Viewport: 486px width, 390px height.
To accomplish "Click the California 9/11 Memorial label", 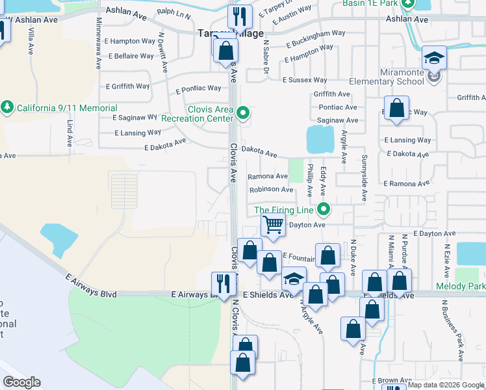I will (67, 108).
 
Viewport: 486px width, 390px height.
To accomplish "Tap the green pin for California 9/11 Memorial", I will (7, 107).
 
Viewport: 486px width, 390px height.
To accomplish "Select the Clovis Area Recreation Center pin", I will (243, 114).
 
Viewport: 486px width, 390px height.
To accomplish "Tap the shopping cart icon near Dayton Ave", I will (274, 225).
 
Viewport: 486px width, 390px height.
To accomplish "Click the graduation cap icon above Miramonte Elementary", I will (434, 58).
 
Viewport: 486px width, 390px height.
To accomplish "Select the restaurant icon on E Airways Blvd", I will (222, 283).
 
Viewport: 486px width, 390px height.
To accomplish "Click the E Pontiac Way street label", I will (198, 88).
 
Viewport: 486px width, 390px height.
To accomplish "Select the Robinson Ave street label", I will (272, 189).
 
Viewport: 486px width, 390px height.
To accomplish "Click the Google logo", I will (21, 382).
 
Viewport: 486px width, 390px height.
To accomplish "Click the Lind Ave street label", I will (69, 133).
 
